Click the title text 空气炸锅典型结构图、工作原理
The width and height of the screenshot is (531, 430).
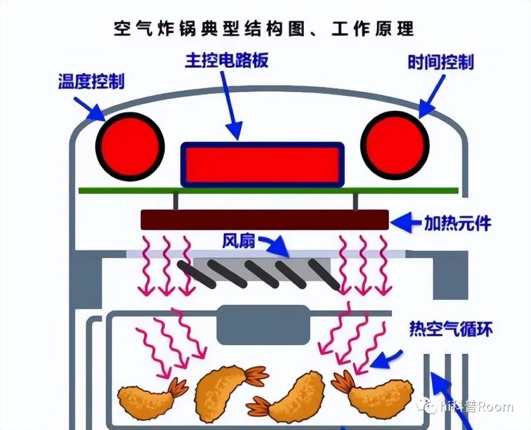coord(264,29)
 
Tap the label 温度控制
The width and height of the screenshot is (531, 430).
coord(91,81)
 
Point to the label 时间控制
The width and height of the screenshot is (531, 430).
coord(441,62)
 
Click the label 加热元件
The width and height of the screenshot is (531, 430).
coord(457,224)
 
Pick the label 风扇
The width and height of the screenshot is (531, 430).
coord(238,241)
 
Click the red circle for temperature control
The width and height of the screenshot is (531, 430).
coord(130,145)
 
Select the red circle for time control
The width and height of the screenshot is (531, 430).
coord(395,145)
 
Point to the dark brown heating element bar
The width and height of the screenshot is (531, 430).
coord(265,219)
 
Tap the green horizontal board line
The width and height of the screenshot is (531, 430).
coord(268,190)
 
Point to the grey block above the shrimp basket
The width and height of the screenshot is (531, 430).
coord(264,325)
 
